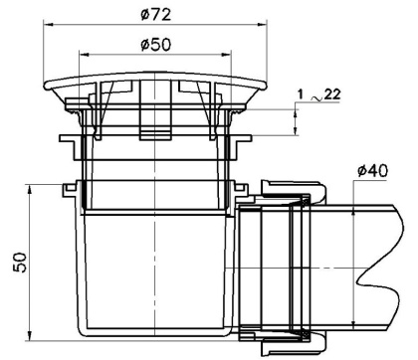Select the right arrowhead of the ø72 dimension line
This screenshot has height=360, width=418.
pyautogui.click(x=269, y=26)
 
